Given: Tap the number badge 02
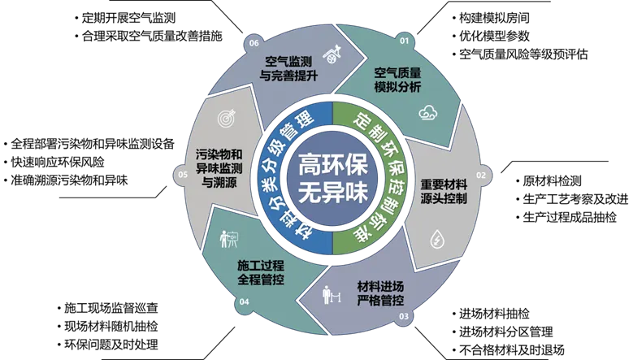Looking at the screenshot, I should [x=480, y=175].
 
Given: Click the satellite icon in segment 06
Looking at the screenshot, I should [x=332, y=54].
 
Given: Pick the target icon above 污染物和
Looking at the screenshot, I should [x=227, y=119].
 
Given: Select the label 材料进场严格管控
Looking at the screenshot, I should [x=380, y=293].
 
